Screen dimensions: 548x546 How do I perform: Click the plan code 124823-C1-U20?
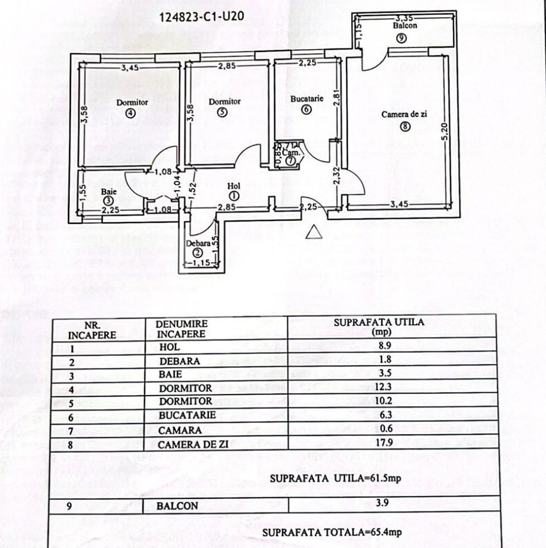point(202,16)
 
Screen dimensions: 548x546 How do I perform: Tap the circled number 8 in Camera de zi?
point(405,126)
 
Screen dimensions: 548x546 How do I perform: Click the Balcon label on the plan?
point(404,26)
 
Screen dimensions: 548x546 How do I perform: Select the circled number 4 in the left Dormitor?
point(131,113)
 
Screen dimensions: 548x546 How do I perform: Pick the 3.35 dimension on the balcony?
point(404,18)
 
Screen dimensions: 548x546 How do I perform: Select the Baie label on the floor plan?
point(109,191)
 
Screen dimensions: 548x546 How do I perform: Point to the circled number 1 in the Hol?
point(233,195)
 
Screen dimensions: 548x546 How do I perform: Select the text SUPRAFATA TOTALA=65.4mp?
point(332,532)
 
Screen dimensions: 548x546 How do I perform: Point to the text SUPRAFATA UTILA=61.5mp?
point(336,478)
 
